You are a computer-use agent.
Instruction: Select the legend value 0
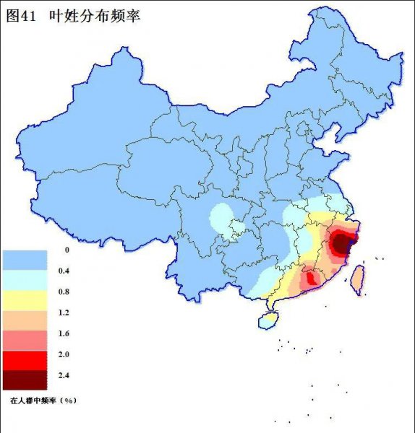tap(67, 250)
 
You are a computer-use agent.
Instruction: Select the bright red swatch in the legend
tap(24, 359)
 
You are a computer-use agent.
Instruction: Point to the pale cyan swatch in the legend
tap(24, 277)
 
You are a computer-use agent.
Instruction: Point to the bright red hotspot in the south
tap(309, 277)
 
